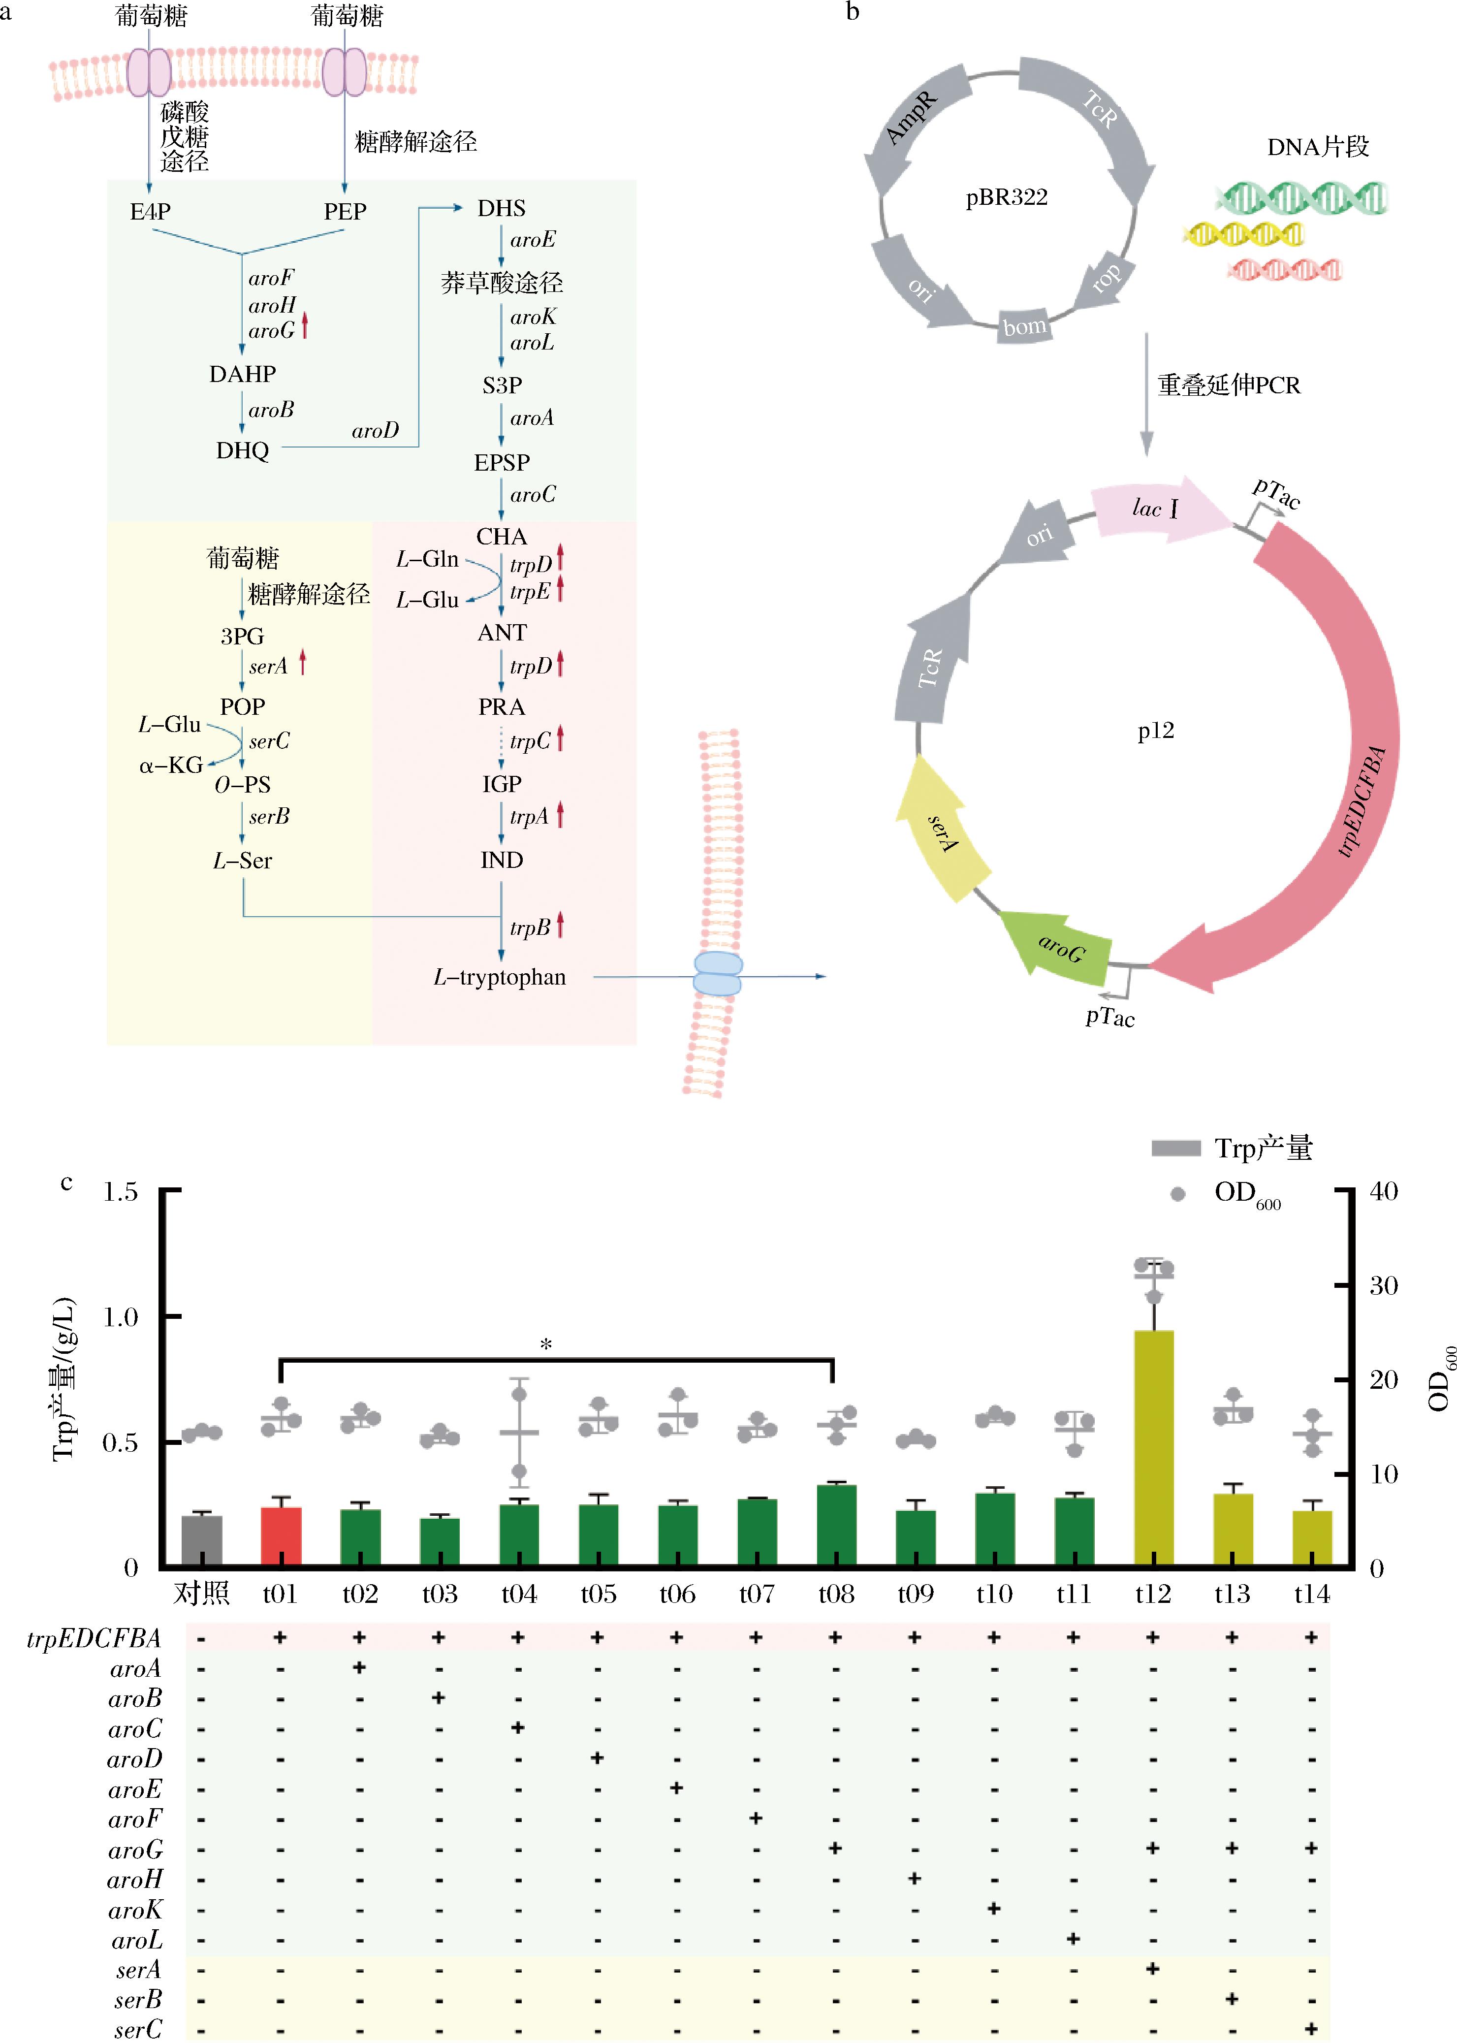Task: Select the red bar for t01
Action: pos(281,1537)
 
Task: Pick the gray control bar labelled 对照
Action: pos(202,1540)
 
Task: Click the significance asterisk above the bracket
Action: pos(545,1344)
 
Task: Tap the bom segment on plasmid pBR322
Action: pos(1024,326)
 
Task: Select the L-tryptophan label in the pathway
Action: pos(500,977)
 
